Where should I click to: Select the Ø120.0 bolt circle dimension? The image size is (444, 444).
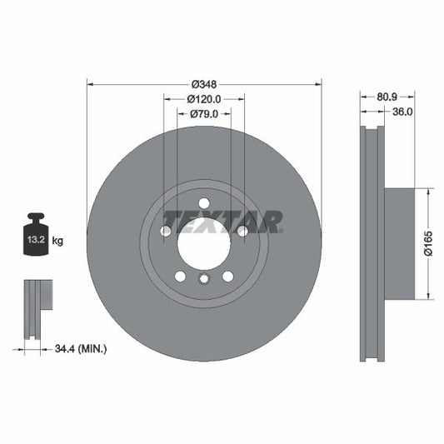[204, 99]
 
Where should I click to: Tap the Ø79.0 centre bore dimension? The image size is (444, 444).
[204, 113]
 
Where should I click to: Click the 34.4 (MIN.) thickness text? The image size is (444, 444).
[80, 349]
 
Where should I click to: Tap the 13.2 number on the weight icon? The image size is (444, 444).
[37, 241]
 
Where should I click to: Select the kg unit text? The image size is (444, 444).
[58, 241]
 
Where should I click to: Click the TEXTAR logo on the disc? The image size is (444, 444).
[222, 222]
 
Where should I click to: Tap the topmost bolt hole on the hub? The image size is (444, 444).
[204, 202]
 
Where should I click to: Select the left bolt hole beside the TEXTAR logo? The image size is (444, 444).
[166, 231]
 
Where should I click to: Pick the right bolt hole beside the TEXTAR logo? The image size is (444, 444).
[242, 231]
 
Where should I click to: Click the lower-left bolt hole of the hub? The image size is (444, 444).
[180, 276]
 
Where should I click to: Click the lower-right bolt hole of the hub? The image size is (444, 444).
[227, 276]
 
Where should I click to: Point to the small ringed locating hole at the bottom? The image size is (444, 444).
[204, 278]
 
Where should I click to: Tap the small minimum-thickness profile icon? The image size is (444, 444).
[37, 309]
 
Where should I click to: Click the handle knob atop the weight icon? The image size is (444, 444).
[37, 217]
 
